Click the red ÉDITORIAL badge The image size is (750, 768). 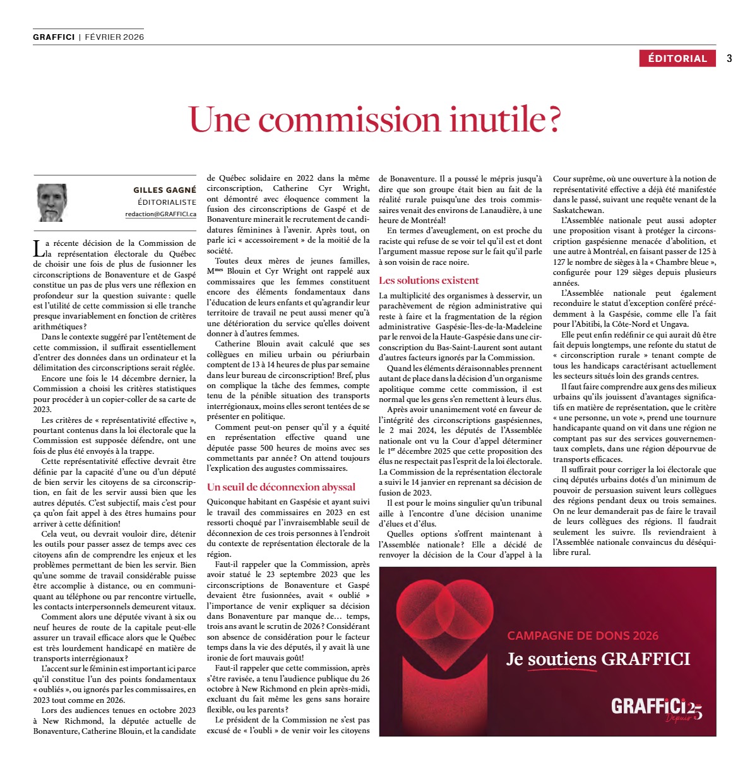click(x=677, y=58)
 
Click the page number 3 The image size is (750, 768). click(x=729, y=58)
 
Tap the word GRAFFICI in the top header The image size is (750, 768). click(x=54, y=37)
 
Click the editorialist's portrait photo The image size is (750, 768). click(x=52, y=203)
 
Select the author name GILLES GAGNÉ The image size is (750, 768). click(x=165, y=190)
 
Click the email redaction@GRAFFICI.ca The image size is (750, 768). click(x=160, y=214)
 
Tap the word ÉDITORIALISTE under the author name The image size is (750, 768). click(x=167, y=202)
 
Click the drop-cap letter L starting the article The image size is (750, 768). click(x=38, y=248)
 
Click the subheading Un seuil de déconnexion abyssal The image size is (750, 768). click(x=281, y=487)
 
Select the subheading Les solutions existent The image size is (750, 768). click(x=429, y=280)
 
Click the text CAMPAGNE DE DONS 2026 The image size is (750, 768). click(x=583, y=635)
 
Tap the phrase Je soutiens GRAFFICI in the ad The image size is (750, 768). click(x=598, y=659)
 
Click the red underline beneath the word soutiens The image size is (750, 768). click(x=561, y=669)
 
